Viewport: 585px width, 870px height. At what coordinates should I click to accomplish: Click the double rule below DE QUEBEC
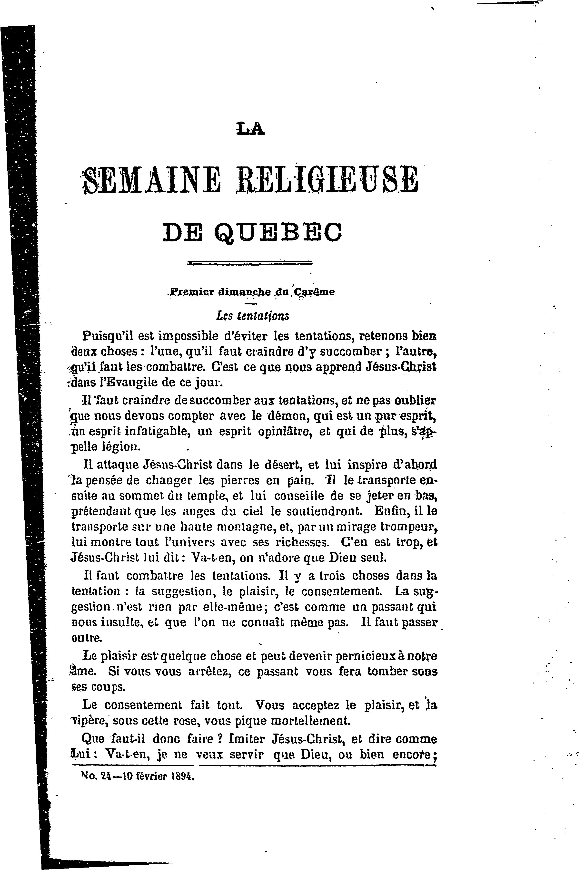[250, 263]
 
